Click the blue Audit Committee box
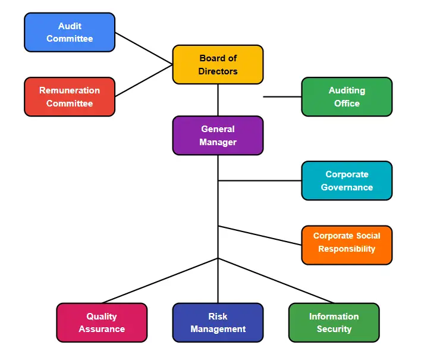pos(70,32)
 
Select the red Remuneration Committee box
pos(70,96)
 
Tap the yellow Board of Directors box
pos(218,64)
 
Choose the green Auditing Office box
pos(347,96)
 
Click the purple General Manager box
pos(218,135)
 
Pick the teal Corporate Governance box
pos(347,180)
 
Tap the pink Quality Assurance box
pos(102,323)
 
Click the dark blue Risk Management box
pos(218,323)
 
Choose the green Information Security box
pos(334,323)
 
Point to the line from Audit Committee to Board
pos(144,48)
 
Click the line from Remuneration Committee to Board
pos(144,80)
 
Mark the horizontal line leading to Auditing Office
pos(282,96)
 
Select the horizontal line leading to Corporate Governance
pos(260,180)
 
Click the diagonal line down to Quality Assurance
pos(161,280)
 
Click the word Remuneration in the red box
pos(70,90)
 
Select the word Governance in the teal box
pos(347,187)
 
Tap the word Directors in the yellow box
pos(218,71)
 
